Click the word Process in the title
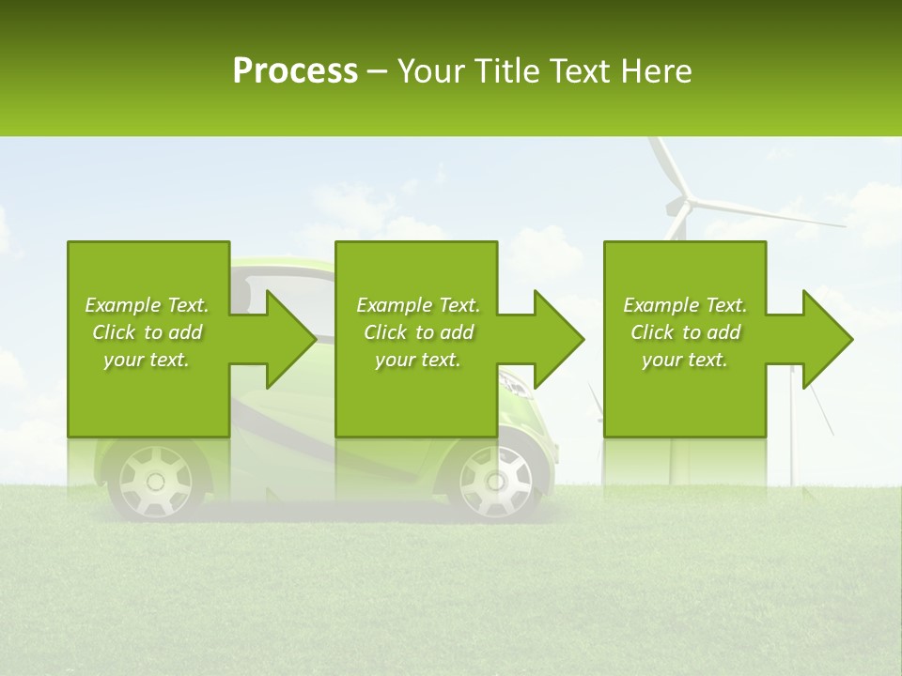coord(295,71)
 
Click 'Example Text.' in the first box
coord(147,305)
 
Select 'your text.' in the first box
coord(147,360)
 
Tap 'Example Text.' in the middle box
coord(418,305)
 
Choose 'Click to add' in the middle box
coord(418,332)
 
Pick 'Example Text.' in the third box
coord(685,305)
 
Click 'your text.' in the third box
coord(685,360)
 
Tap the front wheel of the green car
coord(494,482)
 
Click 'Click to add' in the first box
coord(147,332)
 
